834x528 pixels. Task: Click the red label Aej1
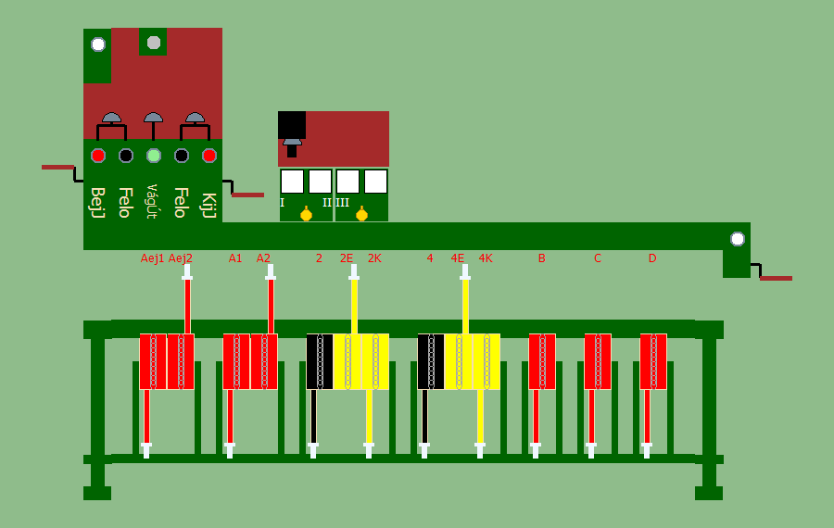(152, 258)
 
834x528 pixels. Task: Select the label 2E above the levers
(347, 258)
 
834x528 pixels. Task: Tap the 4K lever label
(486, 258)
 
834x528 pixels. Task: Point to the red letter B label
(541, 258)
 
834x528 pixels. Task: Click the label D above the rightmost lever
(652, 258)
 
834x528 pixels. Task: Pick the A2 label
(263, 258)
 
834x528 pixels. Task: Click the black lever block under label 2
(320, 361)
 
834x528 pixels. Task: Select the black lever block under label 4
(431, 361)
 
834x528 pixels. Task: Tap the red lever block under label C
(598, 361)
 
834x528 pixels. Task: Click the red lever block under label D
(653, 361)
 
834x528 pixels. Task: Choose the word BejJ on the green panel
(97, 202)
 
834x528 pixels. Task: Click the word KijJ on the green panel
(208, 202)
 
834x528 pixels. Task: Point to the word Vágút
(153, 201)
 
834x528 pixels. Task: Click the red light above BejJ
(97, 156)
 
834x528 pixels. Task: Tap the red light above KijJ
(209, 156)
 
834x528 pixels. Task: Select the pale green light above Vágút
(154, 156)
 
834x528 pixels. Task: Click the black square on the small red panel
(292, 125)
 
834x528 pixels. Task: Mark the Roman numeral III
(343, 203)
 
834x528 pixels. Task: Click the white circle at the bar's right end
(737, 239)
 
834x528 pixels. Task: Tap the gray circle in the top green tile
(154, 42)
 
